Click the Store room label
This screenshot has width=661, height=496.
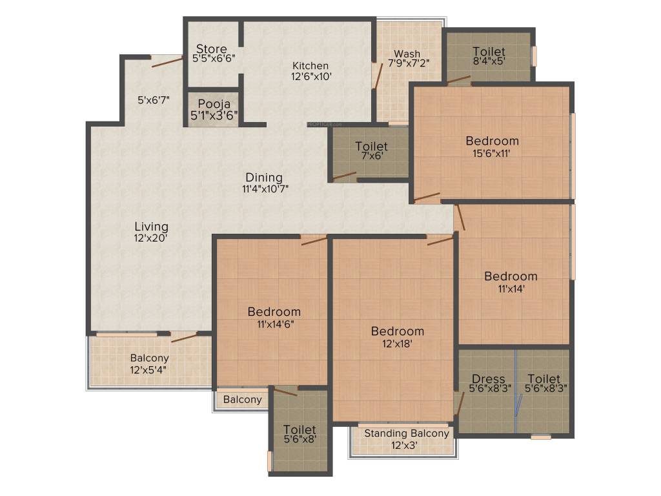(212, 49)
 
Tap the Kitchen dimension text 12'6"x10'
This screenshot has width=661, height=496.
(311, 76)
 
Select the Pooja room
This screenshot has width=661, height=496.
(214, 109)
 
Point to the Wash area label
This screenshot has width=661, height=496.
(407, 54)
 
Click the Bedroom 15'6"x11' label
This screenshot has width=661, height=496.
(492, 141)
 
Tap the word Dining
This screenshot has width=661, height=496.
(263, 178)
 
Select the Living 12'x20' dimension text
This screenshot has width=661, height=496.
(151, 238)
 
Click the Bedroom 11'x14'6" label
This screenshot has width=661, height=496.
(274, 312)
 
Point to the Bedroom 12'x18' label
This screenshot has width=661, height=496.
(397, 331)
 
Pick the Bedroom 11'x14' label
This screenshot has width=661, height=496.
(511, 276)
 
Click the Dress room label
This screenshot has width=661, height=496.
(488, 378)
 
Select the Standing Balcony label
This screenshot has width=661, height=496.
(406, 433)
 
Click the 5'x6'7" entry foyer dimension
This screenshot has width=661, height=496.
(154, 100)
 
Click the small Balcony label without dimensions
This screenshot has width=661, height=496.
(243, 400)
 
